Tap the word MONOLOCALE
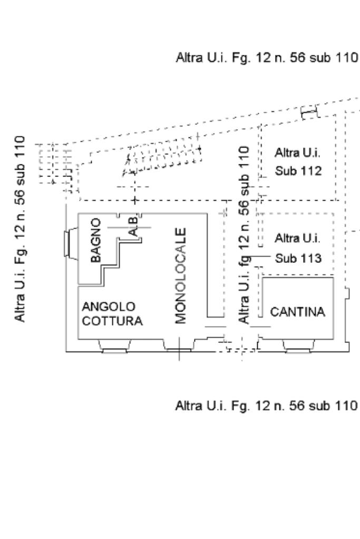[x=181, y=275]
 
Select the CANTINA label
[x=298, y=312]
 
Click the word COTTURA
[x=112, y=321]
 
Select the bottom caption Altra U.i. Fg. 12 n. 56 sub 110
[x=266, y=406]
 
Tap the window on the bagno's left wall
[x=69, y=246]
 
